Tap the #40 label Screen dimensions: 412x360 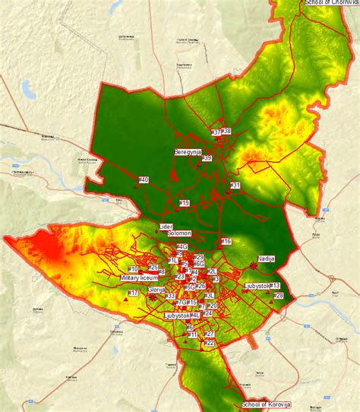tap(144, 179)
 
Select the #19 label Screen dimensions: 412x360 tap(185, 203)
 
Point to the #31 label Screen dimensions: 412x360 tap(235, 185)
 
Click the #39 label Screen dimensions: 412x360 tap(207, 158)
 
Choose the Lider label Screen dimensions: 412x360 tap(166, 227)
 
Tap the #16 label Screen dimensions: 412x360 tap(226, 241)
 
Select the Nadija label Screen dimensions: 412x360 tap(267, 258)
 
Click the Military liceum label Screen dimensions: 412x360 tap(139, 278)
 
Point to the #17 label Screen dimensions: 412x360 tap(133, 293)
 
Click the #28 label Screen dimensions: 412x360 tap(278, 295)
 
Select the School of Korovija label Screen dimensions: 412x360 tap(267, 405)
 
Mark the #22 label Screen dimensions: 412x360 tap(210, 343)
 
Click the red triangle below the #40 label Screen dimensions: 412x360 tap(136, 185)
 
